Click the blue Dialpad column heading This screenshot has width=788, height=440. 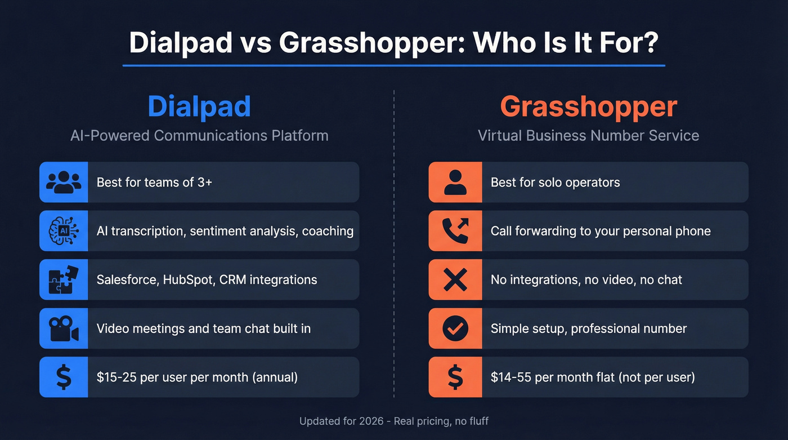(x=199, y=106)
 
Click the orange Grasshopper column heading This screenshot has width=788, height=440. (x=588, y=106)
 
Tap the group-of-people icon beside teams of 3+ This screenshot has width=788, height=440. (x=64, y=182)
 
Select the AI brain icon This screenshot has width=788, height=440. (x=64, y=231)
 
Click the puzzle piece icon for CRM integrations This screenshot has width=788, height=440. (x=64, y=279)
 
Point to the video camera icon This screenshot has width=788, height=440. (x=64, y=328)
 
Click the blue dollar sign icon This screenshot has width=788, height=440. (x=64, y=377)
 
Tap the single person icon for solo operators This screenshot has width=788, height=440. (x=455, y=182)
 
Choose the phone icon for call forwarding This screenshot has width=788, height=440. (x=455, y=231)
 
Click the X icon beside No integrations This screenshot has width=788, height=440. (x=455, y=279)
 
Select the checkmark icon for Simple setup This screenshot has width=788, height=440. (x=455, y=328)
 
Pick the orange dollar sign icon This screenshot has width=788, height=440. (x=455, y=377)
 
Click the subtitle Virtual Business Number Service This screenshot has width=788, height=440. (x=588, y=136)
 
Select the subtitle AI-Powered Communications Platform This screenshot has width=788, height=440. (x=199, y=136)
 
